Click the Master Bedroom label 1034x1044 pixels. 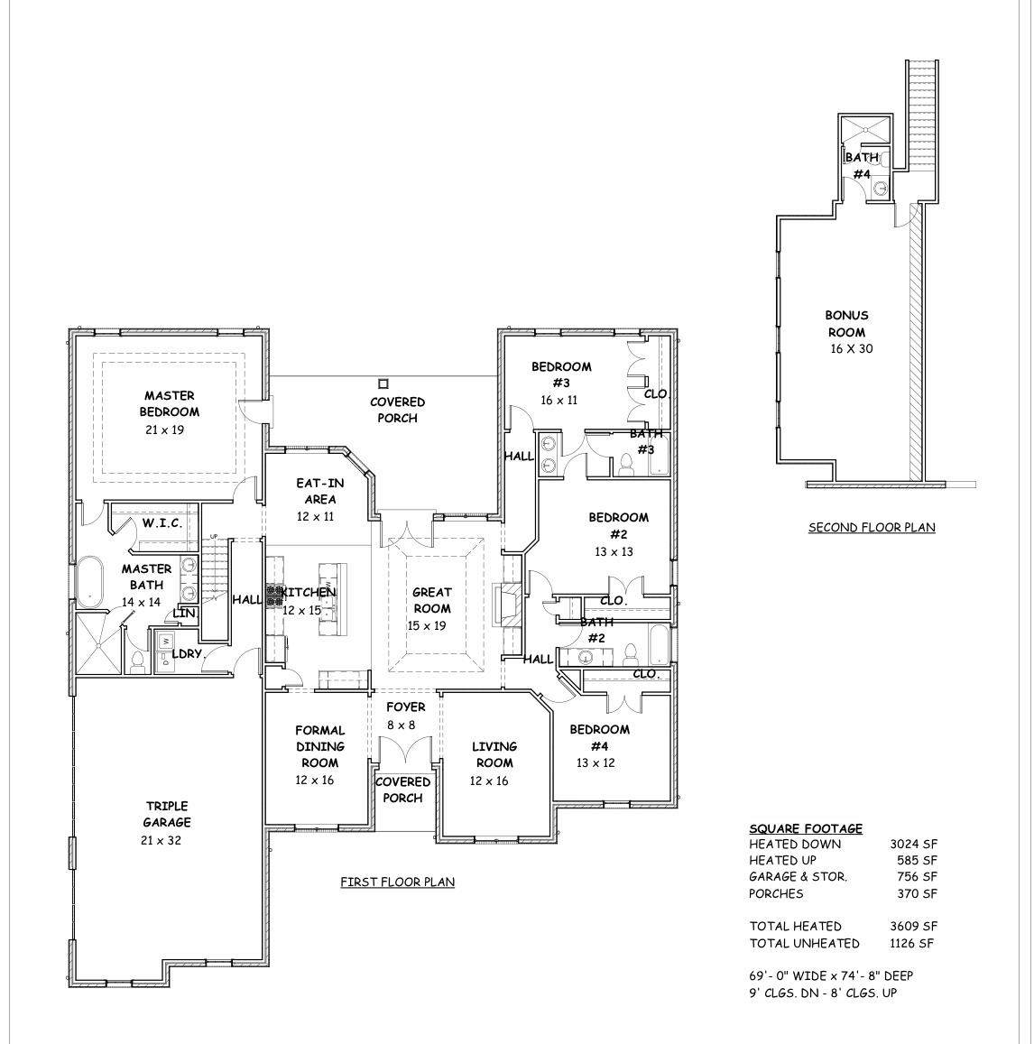169,403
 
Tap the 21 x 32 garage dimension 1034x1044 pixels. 162,840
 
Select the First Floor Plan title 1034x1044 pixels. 398,882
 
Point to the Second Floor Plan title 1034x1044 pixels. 872,527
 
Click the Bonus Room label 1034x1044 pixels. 847,324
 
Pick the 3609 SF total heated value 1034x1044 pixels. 913,926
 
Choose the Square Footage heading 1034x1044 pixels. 806,828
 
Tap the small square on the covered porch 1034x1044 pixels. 383,383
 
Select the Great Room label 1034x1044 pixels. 432,600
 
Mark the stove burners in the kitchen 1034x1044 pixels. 274,596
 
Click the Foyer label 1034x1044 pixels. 405,707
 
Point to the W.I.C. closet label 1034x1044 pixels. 162,522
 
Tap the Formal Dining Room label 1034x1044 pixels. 319,746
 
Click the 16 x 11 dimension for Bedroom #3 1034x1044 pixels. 559,400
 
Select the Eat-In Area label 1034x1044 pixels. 320,491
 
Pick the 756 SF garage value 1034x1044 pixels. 917,877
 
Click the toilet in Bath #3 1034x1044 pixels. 626,464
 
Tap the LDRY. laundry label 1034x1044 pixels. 187,654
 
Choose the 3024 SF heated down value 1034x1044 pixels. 913,845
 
